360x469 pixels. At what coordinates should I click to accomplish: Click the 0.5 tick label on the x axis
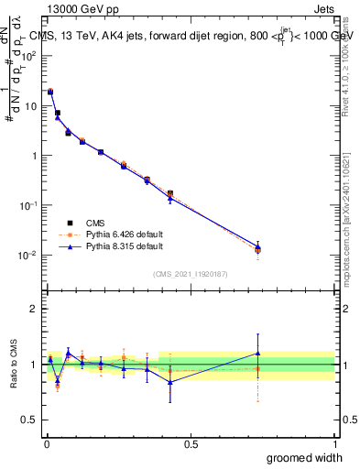pyautogui.click(x=191, y=442)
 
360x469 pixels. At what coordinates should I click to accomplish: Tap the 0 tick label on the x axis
pyautogui.click(x=46, y=442)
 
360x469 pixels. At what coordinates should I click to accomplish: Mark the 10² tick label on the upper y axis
pyautogui.click(x=28, y=56)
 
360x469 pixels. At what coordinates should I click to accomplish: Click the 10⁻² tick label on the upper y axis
pyautogui.click(x=28, y=255)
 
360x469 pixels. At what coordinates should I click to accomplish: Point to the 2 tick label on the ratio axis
pyautogui.click(x=35, y=309)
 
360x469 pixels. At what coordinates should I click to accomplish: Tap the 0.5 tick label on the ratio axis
pyautogui.click(x=31, y=420)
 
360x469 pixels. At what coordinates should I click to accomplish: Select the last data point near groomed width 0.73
pyautogui.click(x=258, y=249)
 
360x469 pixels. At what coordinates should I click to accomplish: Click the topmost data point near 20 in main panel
pyautogui.click(x=50, y=91)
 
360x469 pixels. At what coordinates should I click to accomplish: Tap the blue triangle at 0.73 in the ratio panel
pyautogui.click(x=258, y=353)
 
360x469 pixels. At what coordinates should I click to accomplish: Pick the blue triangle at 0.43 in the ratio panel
pyautogui.click(x=169, y=382)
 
